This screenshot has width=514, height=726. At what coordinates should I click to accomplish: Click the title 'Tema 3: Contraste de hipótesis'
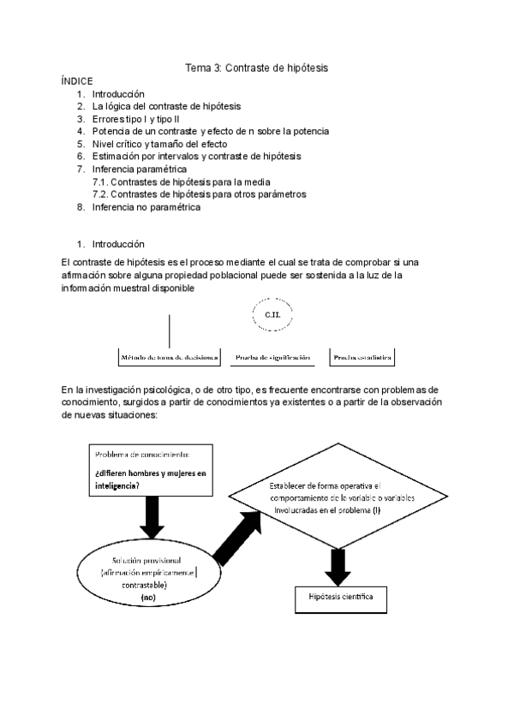257,67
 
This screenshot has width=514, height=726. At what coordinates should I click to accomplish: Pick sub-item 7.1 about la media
182,181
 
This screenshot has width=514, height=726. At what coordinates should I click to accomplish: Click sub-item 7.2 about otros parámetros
199,194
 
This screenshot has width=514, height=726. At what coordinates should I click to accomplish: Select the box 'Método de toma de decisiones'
168,357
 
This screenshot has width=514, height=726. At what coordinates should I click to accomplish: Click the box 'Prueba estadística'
363,357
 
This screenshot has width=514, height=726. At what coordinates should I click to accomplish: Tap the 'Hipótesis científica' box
334,596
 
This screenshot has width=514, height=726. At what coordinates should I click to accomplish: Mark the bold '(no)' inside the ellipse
148,598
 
